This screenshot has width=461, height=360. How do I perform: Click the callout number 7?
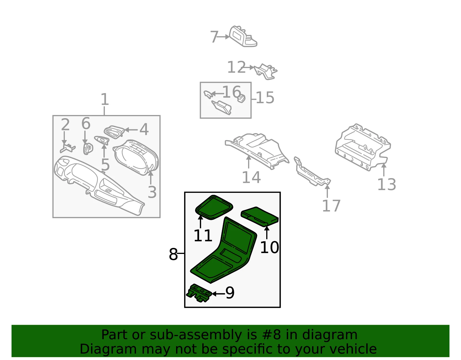click(x=214, y=37)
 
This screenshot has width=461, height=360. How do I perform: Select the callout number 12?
click(x=236, y=67)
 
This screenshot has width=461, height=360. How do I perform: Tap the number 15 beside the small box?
click(x=265, y=98)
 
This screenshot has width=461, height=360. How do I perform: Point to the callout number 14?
click(x=251, y=177)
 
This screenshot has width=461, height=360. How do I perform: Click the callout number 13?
click(x=387, y=184)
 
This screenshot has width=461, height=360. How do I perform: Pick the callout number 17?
click(x=331, y=206)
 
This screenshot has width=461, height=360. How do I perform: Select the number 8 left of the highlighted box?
click(x=173, y=254)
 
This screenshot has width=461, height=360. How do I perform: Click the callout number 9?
click(x=230, y=293)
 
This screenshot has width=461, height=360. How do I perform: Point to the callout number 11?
click(x=203, y=236)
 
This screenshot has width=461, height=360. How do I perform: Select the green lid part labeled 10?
click(x=260, y=217)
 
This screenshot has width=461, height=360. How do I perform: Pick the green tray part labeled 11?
click(x=214, y=208)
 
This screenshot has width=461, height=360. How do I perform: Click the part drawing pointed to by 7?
click(x=243, y=37)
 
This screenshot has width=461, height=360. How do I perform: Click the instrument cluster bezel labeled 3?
click(x=136, y=157)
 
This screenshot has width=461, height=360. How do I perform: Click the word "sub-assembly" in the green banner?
click(x=196, y=335)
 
